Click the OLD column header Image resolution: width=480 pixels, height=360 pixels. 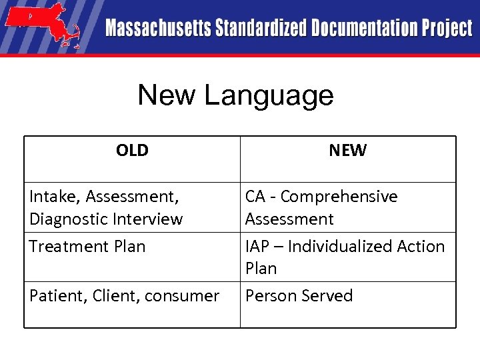tap(132, 151)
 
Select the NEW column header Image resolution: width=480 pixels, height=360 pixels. tap(347, 151)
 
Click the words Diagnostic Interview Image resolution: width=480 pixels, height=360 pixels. tap(106, 219)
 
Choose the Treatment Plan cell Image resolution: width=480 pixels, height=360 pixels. tap(87, 246)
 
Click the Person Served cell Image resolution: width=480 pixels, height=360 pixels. tap(299, 295)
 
